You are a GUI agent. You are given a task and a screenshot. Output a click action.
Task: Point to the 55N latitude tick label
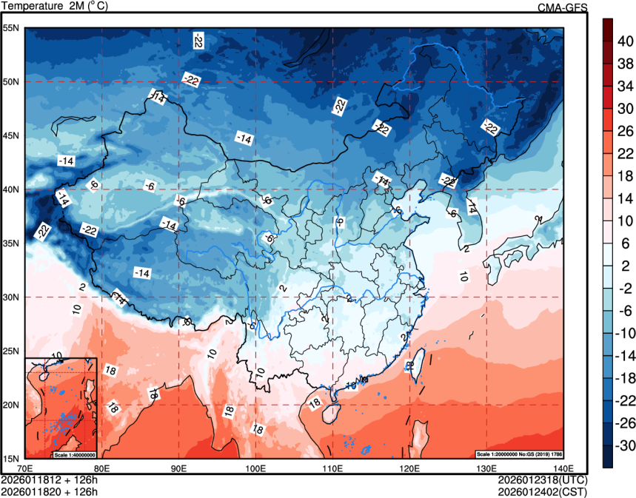pos(10,28)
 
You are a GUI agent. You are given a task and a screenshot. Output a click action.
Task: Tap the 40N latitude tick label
pos(10,189)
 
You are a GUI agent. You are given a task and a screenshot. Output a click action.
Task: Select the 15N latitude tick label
pos(10,459)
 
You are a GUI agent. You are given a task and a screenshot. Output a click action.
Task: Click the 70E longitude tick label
pos(25,468)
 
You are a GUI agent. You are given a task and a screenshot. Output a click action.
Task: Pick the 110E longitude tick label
pos(332,468)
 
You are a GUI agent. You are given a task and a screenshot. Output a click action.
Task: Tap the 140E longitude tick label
pos(563,468)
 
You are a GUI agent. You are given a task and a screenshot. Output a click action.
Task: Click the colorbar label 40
pos(625,42)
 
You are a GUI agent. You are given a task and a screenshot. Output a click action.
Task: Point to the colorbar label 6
pos(623,243)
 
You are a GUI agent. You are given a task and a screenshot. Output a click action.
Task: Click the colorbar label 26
pos(625,132)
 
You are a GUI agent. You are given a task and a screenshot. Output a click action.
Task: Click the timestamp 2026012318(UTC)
pos(543,480)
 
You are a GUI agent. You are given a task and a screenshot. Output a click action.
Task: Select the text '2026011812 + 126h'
pos(50,480)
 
